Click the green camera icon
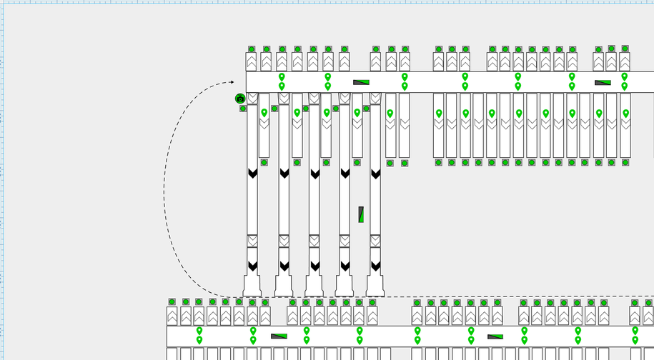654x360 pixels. [x=240, y=99]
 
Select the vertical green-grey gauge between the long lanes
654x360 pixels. [x=361, y=214]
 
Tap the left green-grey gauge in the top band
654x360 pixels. [x=361, y=82]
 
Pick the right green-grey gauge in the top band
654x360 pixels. [x=603, y=82]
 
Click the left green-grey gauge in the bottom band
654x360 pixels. [x=279, y=336]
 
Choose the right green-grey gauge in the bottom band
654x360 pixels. [x=495, y=336]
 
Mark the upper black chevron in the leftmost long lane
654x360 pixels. [x=252, y=174]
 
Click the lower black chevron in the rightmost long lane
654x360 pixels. [x=375, y=266]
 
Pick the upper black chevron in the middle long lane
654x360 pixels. [x=314, y=174]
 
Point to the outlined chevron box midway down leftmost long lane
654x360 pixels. [x=252, y=241]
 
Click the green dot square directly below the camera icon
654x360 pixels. [x=243, y=109]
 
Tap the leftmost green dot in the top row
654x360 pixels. [x=252, y=49]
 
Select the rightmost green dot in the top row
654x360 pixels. [x=625, y=49]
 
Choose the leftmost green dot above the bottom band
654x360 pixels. [x=172, y=302]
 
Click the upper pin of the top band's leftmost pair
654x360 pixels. [x=282, y=76]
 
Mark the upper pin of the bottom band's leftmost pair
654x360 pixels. [x=199, y=331]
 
